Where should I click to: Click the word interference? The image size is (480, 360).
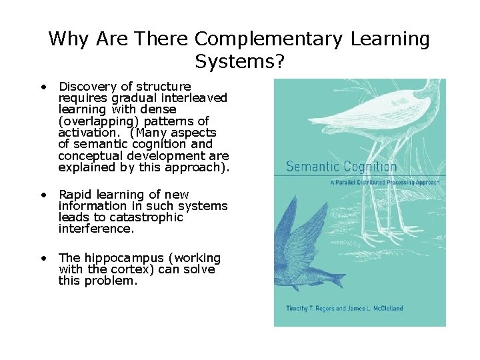click(x=96, y=229)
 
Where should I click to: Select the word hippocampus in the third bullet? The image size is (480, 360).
click(x=119, y=258)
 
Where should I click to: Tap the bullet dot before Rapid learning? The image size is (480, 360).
click(x=43, y=195)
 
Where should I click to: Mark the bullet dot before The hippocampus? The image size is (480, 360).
click(x=43, y=258)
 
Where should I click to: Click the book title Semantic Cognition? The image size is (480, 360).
click(x=341, y=167)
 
